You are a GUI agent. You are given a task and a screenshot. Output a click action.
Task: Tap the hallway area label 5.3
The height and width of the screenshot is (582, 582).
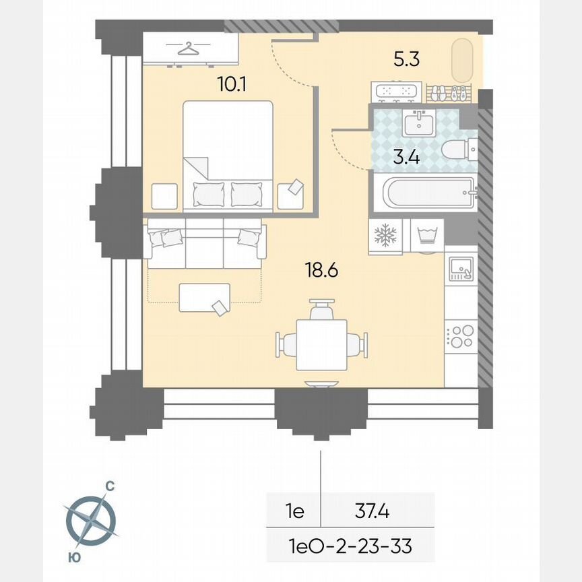407,59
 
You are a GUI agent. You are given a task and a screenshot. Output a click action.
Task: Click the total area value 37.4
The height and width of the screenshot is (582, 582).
373,511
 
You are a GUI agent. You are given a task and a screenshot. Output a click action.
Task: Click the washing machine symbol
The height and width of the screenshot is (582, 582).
426,236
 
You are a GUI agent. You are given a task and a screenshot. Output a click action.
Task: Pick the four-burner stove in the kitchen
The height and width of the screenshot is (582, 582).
461,335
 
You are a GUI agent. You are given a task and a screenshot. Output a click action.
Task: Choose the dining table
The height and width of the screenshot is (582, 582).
321,344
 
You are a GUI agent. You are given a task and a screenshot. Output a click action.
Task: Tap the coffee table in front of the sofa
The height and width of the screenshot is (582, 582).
204,297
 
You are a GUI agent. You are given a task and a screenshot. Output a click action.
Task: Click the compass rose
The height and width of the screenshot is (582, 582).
91,519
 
